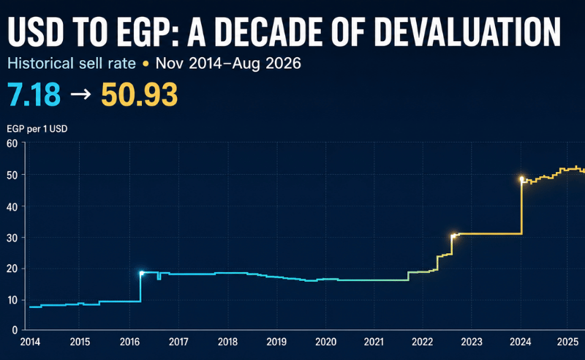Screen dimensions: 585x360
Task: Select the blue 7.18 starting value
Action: tap(34, 94)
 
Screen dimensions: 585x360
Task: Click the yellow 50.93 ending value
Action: tap(139, 94)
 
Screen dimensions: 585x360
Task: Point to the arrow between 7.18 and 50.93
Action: tap(80, 94)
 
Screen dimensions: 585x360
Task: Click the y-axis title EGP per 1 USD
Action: tap(37, 130)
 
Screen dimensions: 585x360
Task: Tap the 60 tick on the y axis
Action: tap(12, 143)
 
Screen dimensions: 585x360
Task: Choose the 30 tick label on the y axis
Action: tap(12, 238)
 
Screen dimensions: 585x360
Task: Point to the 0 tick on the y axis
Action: tap(15, 330)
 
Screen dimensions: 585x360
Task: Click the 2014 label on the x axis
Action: tap(30, 342)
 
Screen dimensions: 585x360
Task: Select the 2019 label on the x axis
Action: tap(276, 342)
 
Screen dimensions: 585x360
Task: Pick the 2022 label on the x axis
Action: tap(423, 342)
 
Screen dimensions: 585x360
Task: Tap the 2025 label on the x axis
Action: tap(567, 342)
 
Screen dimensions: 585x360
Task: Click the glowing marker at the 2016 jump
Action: tap(141, 273)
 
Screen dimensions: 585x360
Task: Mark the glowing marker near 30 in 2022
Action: tap(453, 236)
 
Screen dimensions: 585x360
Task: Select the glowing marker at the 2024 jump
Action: tap(521, 179)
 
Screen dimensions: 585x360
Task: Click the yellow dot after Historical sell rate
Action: tap(146, 64)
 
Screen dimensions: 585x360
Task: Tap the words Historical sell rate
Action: tap(72, 64)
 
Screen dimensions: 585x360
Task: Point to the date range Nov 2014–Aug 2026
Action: tap(228, 64)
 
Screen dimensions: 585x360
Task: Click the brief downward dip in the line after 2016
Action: tap(159, 277)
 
